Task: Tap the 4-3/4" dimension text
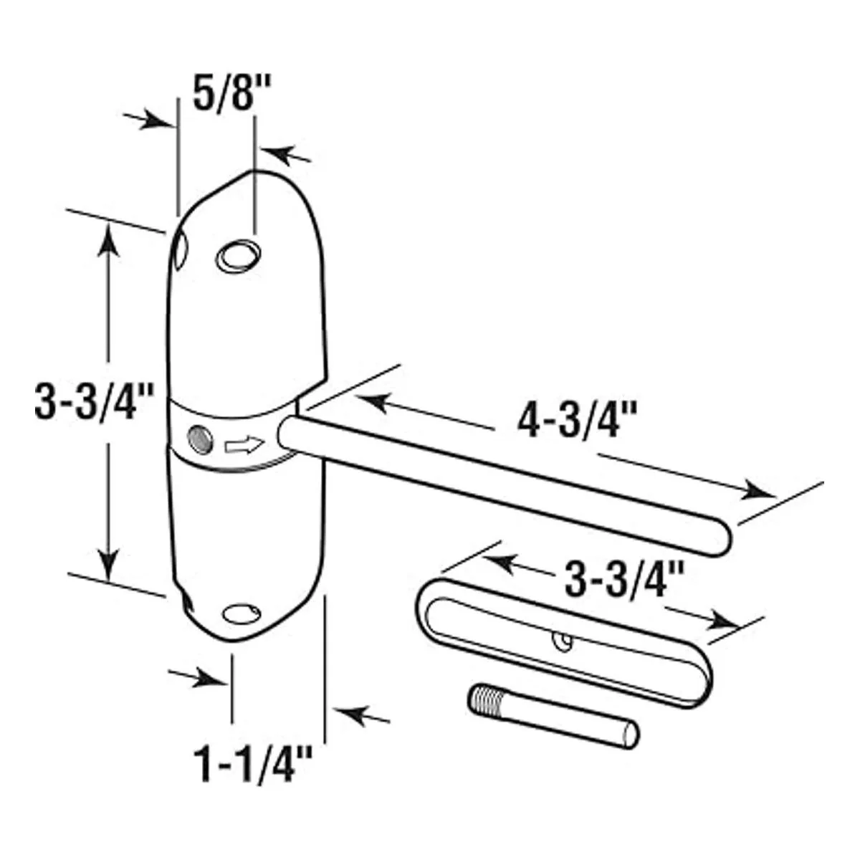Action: point(577,420)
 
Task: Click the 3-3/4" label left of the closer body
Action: point(94,401)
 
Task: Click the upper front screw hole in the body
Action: point(239,256)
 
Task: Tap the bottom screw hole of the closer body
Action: point(242,614)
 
